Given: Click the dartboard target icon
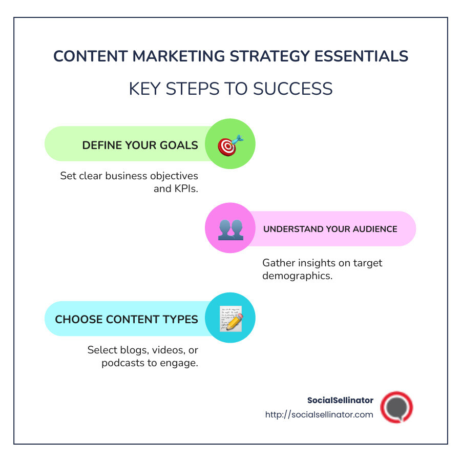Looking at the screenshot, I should pos(230,145).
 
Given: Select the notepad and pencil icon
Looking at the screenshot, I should pos(230,318).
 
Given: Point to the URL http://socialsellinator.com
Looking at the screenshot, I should pos(319,414).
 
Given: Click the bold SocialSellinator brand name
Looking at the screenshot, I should pos(340,400).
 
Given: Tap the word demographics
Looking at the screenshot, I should pos(297,276).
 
